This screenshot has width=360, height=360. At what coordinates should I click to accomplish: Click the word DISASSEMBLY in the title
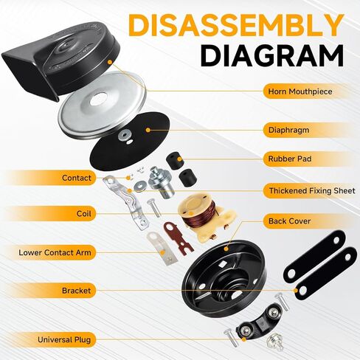[235, 26]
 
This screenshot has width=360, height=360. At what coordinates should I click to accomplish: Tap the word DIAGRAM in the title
[271, 55]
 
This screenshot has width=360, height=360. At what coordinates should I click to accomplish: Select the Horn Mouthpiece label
[300, 91]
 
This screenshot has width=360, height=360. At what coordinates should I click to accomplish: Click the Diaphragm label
[288, 130]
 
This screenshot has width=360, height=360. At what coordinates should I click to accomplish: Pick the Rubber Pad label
[290, 159]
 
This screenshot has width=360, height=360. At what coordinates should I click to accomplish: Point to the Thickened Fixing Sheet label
[312, 190]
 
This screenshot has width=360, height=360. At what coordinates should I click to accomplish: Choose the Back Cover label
[289, 221]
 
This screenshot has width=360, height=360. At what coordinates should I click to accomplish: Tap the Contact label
[77, 178]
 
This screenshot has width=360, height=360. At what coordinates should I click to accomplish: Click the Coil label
[84, 213]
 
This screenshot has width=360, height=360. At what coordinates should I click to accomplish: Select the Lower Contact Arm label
[55, 252]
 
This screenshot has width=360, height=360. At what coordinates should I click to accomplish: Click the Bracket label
[76, 291]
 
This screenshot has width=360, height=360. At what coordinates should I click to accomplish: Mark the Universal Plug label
[64, 340]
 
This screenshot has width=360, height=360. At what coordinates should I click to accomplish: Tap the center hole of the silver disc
[98, 100]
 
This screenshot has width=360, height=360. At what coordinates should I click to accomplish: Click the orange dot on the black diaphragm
[148, 130]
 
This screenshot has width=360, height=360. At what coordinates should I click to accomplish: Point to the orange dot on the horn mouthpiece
[110, 62]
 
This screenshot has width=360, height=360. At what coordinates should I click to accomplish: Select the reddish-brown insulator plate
[178, 237]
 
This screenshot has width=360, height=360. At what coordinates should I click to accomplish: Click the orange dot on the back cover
[226, 249]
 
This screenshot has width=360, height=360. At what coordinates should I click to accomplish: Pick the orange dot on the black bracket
[296, 291]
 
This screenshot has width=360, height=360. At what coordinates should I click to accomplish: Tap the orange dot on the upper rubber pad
[179, 159]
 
